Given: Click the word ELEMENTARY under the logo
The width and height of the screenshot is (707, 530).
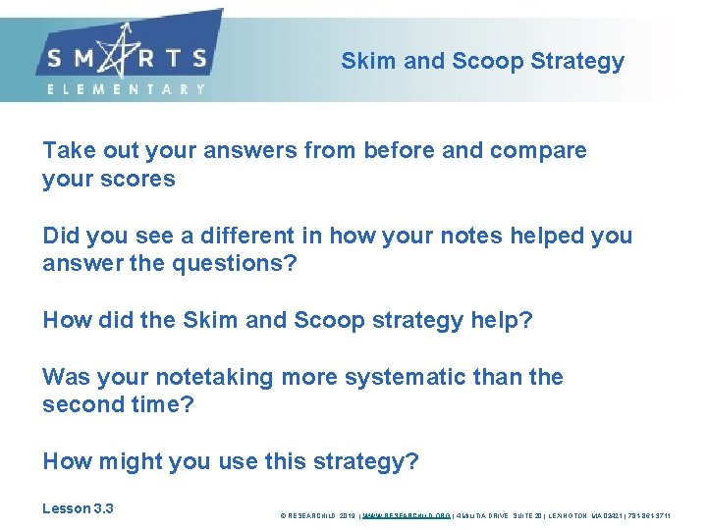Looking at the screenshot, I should point(127,89).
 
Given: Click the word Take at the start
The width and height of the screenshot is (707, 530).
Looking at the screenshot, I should point(67,151).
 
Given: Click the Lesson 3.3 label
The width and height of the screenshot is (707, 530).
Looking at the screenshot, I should point(78,508).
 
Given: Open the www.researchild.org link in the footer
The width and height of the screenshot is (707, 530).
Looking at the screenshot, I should point(407,514).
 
